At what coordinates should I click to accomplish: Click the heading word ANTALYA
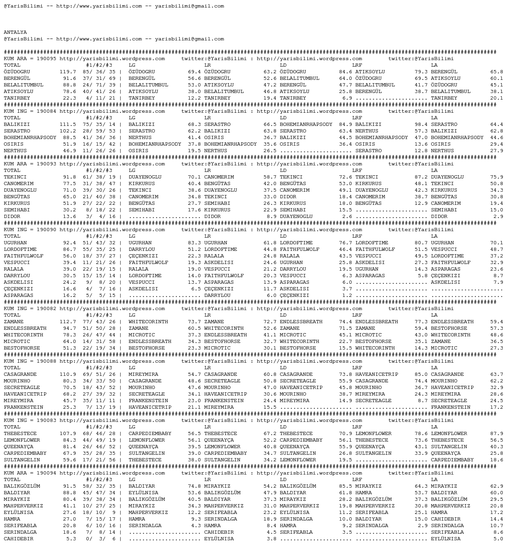pyautogui.click(x=15, y=32)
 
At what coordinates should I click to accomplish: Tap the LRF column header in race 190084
pyautogui.click(x=357, y=118)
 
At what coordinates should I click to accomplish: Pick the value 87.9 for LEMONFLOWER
pyautogui.click(x=496, y=434)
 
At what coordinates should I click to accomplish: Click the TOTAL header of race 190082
pyautogui.click(x=12, y=315)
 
